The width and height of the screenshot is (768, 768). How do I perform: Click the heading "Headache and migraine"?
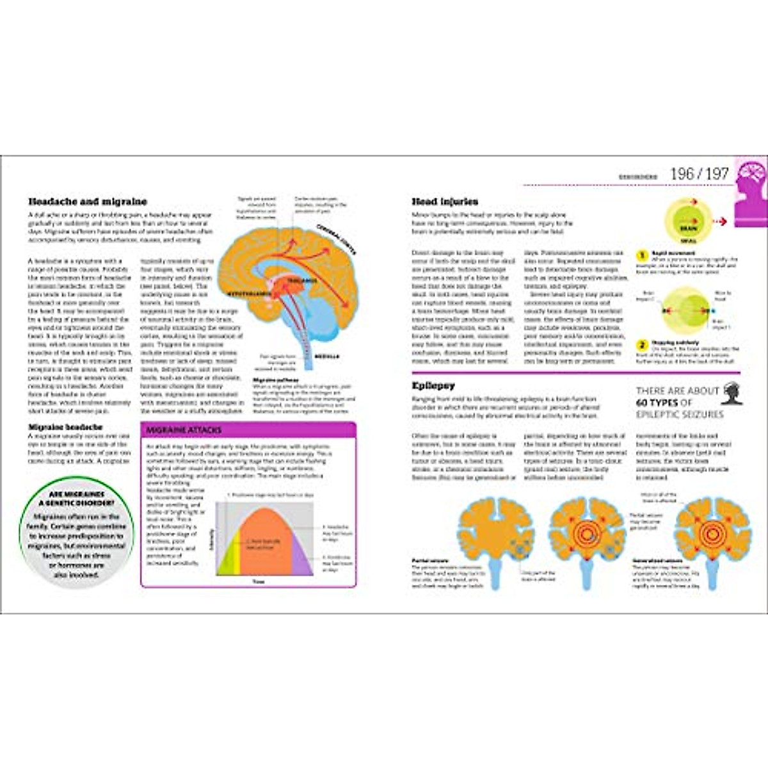point(88,202)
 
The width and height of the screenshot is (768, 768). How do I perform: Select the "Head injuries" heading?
point(445,202)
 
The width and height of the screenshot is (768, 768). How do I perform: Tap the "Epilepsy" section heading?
point(433,386)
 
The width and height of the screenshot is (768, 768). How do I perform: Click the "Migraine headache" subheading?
point(65,427)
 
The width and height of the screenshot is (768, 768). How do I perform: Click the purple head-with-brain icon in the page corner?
point(751,191)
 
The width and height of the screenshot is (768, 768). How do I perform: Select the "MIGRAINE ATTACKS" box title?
point(184,430)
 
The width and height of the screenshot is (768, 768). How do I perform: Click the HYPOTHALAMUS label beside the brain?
point(250,293)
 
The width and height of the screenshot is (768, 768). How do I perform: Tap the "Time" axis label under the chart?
point(258,582)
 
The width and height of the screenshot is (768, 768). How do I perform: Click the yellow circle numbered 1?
point(641,255)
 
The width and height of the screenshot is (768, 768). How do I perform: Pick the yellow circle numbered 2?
point(641,345)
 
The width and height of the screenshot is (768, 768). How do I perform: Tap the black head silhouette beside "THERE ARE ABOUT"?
point(732,394)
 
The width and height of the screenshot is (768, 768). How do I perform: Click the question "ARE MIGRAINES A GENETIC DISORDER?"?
point(77,499)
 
